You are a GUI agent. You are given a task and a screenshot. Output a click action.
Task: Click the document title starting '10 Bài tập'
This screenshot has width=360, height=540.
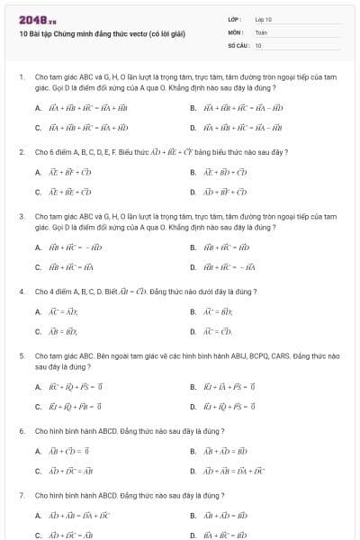(x=101, y=34)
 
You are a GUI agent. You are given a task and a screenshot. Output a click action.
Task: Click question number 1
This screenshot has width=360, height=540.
(x=21, y=77)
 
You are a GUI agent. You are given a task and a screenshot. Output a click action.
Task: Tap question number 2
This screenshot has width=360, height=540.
(x=21, y=152)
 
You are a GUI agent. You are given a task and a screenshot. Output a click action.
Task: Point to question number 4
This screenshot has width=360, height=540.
(x=21, y=292)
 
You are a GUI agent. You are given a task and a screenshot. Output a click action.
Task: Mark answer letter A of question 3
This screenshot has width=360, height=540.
(x=38, y=247)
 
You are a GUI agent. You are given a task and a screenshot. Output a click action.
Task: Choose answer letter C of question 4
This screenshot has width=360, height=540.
(x=38, y=331)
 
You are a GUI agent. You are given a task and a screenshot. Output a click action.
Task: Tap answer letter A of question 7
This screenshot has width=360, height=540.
(x=38, y=517)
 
